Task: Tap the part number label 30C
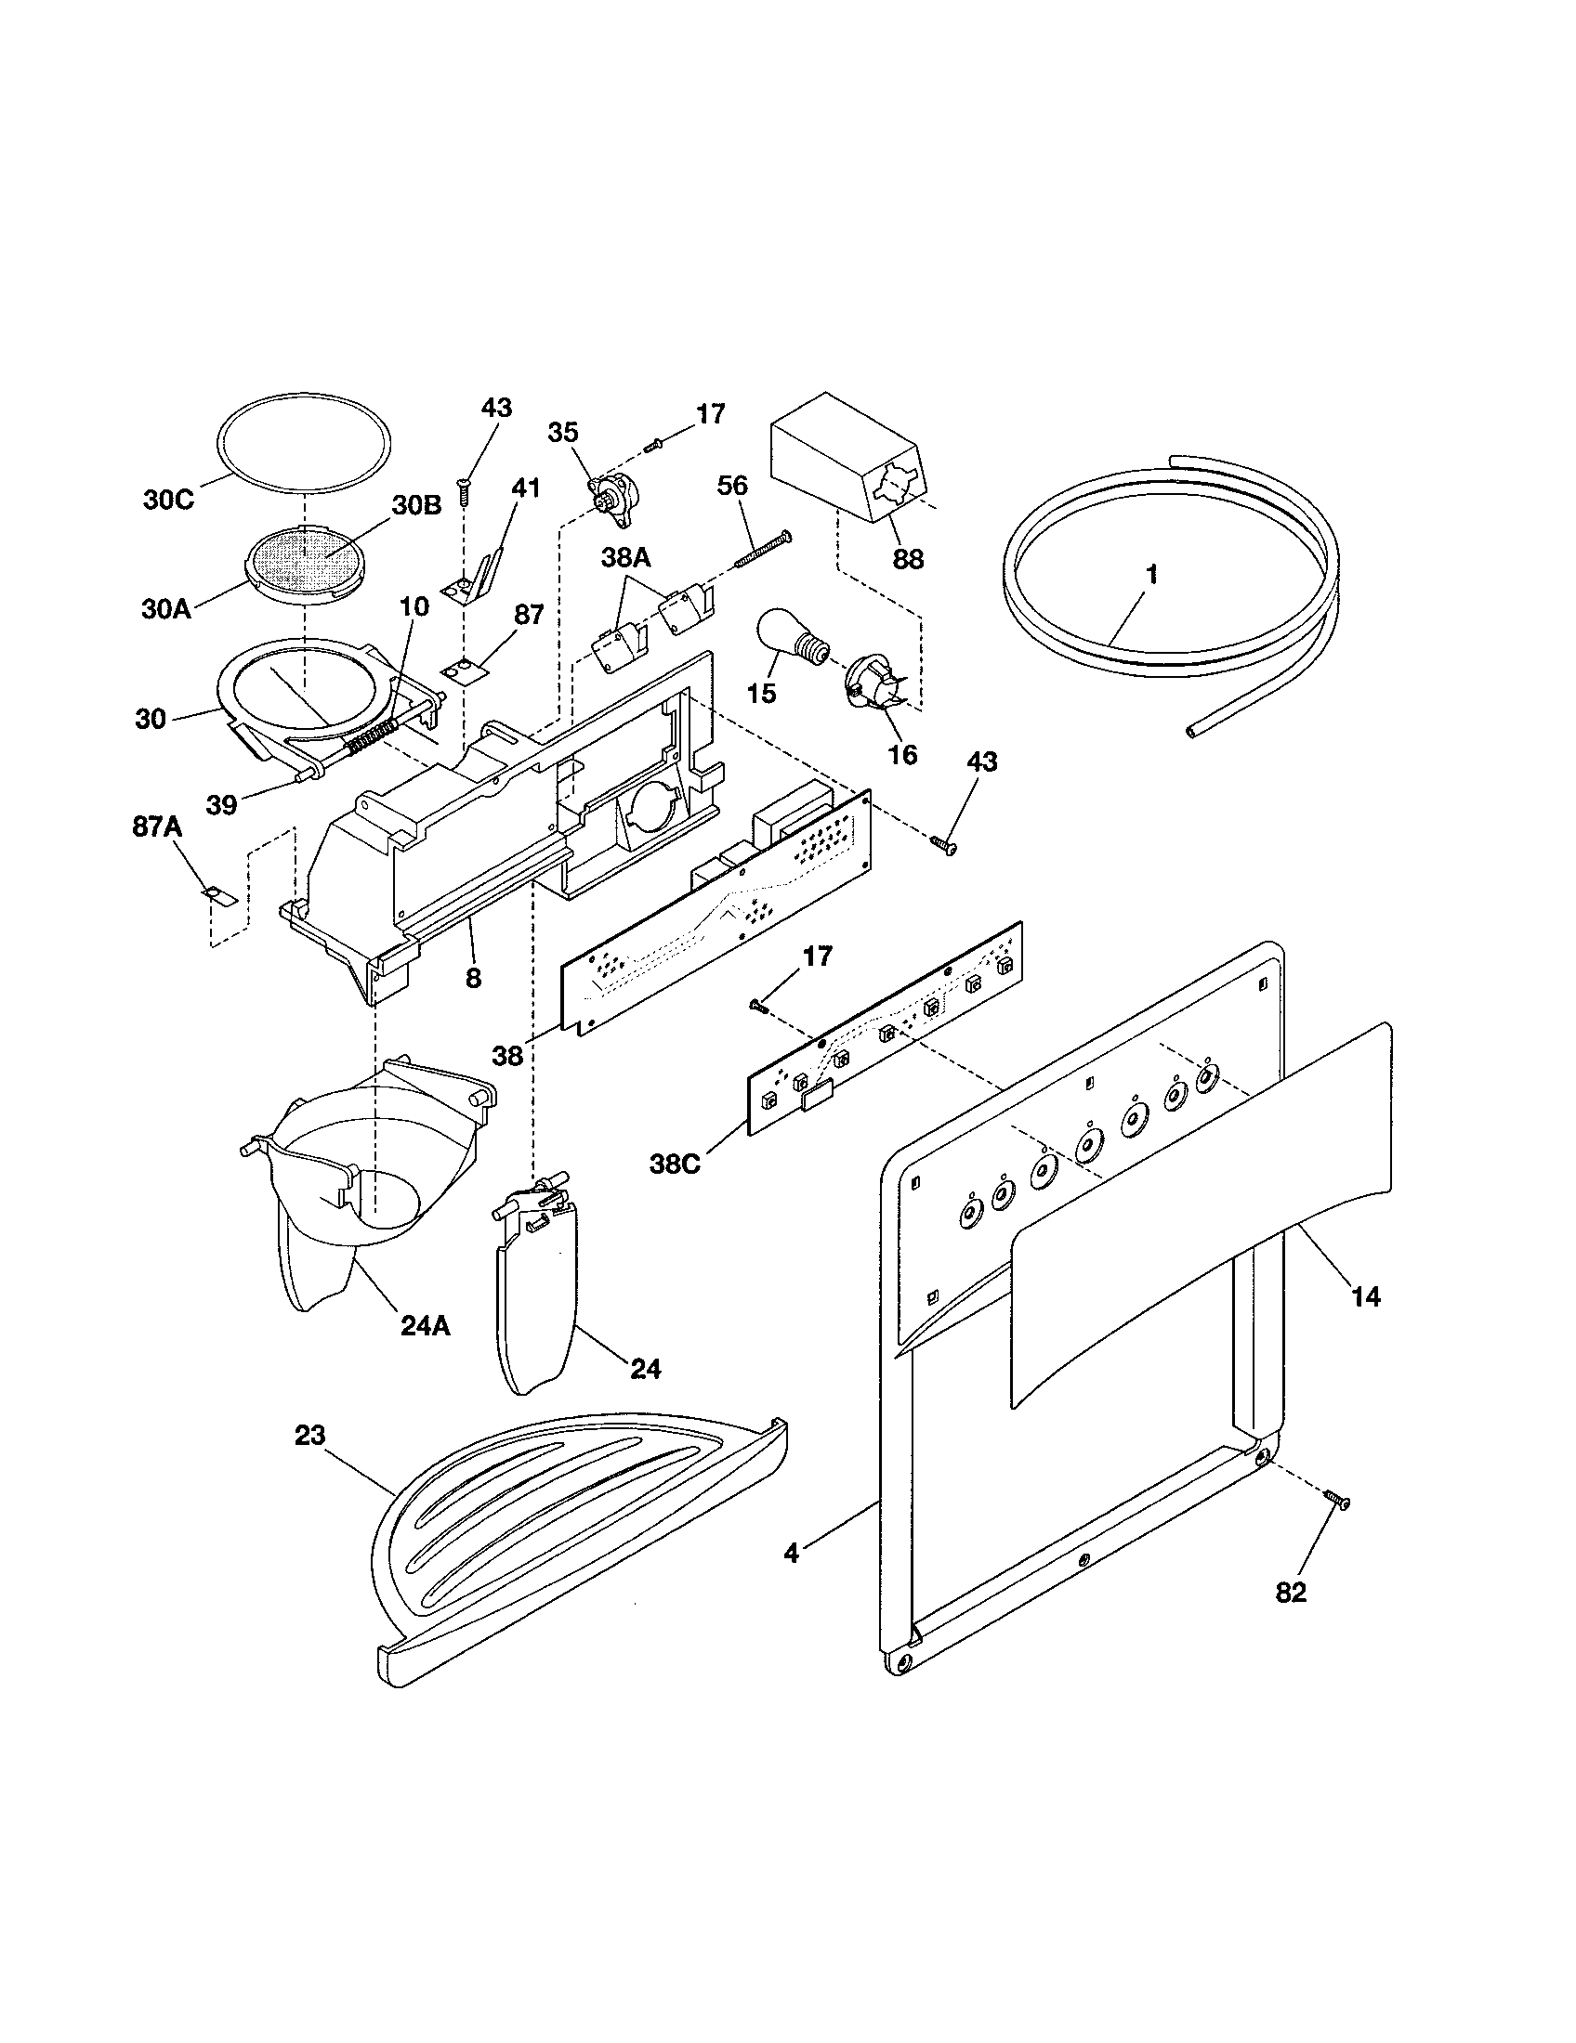pyautogui.click(x=168, y=500)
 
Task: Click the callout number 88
pyautogui.click(x=908, y=559)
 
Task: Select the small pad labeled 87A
pyautogui.click(x=221, y=895)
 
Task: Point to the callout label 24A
pyautogui.click(x=426, y=1325)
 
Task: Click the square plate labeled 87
pyautogui.click(x=461, y=669)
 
